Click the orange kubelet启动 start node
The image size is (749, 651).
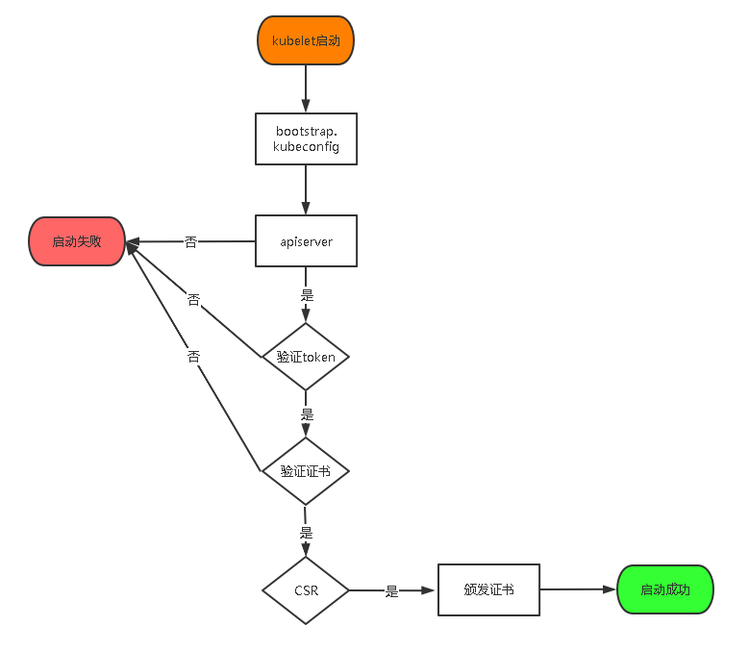[306, 40]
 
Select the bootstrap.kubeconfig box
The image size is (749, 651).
[306, 138]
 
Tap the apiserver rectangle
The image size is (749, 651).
[306, 241]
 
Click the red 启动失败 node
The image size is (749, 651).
[77, 241]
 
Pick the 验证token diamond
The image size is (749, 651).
[306, 357]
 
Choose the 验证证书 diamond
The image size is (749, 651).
[306, 471]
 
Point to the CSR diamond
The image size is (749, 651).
[306, 590]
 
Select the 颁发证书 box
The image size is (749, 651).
[488, 589]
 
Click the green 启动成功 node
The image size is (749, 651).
[664, 589]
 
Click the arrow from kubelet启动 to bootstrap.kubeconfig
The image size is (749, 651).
[306, 88]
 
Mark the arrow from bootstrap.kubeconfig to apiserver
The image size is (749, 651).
[306, 189]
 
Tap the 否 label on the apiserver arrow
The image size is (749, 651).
[190, 242]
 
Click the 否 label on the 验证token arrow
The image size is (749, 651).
[194, 300]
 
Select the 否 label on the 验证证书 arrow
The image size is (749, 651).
[194, 357]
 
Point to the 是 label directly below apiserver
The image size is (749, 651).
[307, 294]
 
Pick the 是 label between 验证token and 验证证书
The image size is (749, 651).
[307, 414]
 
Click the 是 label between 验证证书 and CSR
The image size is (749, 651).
[307, 532]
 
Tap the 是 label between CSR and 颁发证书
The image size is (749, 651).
[391, 591]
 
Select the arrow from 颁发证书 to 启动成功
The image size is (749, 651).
[577, 589]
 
